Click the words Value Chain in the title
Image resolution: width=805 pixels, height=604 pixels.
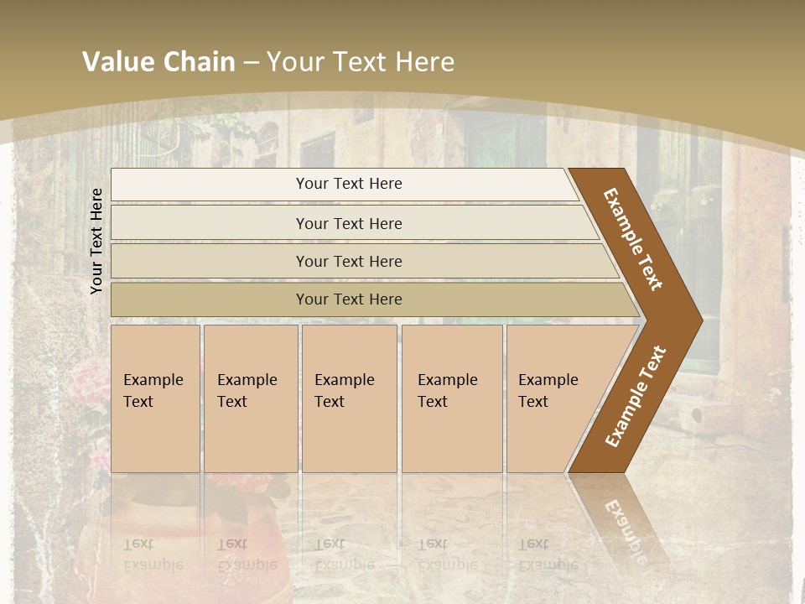pyautogui.click(x=158, y=62)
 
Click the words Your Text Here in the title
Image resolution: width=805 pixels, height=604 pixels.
pyautogui.click(x=361, y=62)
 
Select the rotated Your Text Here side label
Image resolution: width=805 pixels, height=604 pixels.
pyautogui.click(x=96, y=241)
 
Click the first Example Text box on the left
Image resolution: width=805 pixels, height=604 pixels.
pyautogui.click(x=155, y=398)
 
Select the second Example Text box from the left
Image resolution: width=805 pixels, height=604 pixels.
pyautogui.click(x=250, y=398)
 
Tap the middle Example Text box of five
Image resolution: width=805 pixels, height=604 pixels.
pyautogui.click(x=349, y=398)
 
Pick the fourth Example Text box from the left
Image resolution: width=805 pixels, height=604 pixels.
pyautogui.click(x=452, y=398)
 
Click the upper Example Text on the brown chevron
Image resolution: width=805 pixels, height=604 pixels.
pyautogui.click(x=633, y=239)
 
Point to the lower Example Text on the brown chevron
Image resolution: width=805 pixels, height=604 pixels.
pyautogui.click(x=636, y=396)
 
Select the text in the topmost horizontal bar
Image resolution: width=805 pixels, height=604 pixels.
pyautogui.click(x=349, y=184)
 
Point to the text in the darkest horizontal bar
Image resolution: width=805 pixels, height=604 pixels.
pyautogui.click(x=349, y=299)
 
